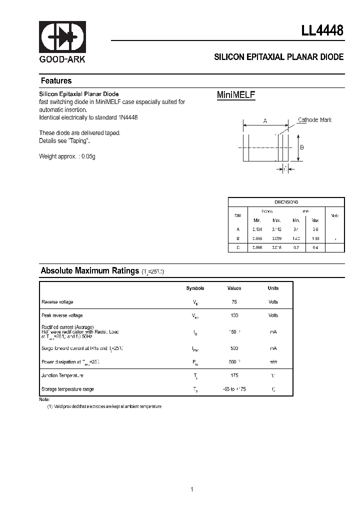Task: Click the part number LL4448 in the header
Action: click(322, 30)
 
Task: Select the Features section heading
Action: click(56, 81)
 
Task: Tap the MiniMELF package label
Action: click(236, 95)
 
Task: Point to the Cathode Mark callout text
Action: click(314, 120)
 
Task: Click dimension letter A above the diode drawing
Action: click(265, 121)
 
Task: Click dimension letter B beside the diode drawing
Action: click(302, 147)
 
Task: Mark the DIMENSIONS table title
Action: click(286, 202)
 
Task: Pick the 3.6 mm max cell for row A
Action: click(315, 229)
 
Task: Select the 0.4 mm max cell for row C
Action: click(315, 247)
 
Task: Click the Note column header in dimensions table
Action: click(334, 215)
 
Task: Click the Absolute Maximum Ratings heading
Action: click(89, 271)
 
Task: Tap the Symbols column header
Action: click(195, 288)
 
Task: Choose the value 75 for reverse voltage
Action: click(234, 302)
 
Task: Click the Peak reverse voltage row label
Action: click(62, 315)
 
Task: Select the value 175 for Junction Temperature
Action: click(234, 375)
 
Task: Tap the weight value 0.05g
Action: click(88, 156)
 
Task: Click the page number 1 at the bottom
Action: click(192, 475)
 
